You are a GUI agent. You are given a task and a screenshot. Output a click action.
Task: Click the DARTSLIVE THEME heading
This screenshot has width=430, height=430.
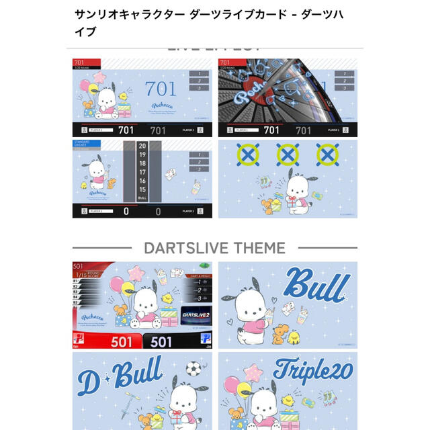tap(215, 247)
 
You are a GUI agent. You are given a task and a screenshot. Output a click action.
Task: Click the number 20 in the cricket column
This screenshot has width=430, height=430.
tap(142, 145)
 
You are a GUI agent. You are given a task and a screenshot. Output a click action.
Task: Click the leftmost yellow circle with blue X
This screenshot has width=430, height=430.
tap(247, 155)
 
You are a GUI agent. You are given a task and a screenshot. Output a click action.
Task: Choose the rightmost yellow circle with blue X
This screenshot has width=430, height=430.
tap(327, 155)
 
